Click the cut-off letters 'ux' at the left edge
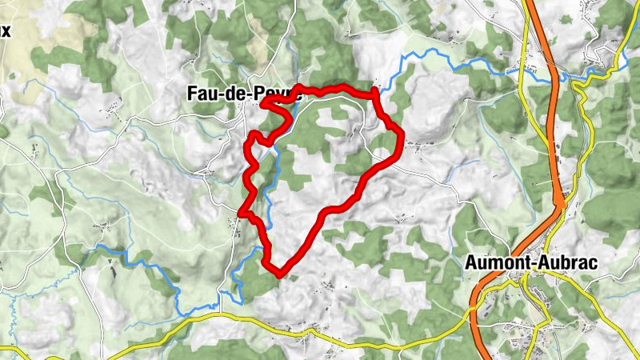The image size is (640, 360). [6, 32]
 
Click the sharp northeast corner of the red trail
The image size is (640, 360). [374, 94]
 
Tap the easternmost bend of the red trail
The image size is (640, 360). [399, 132]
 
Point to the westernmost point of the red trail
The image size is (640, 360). [241, 212]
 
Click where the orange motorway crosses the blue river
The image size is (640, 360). [558, 78]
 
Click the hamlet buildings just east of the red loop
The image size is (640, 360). [415, 146]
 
